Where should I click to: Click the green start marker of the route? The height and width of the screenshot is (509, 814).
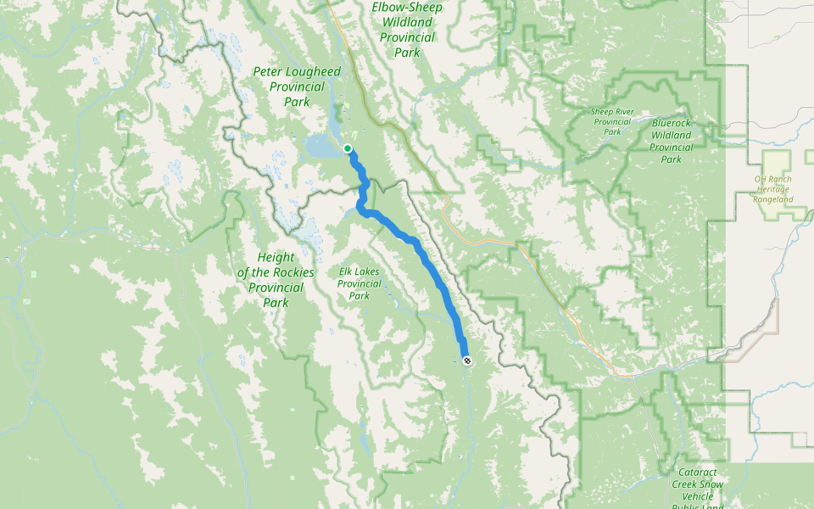348,148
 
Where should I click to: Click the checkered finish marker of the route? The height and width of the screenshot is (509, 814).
467,361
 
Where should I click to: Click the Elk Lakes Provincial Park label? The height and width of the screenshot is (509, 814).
360,283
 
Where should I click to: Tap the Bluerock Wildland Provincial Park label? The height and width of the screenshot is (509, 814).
672,141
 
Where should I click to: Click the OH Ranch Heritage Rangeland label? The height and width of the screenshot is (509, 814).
772,189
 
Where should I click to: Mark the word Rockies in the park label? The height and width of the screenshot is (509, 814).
294,272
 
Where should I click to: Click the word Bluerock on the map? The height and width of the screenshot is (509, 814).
672,123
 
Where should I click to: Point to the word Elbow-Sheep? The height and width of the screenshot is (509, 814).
407,8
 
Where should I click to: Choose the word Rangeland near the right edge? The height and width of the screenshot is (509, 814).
772,199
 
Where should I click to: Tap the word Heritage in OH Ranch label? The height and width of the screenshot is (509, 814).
772,189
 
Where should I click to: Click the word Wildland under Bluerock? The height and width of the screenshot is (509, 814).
672,135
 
